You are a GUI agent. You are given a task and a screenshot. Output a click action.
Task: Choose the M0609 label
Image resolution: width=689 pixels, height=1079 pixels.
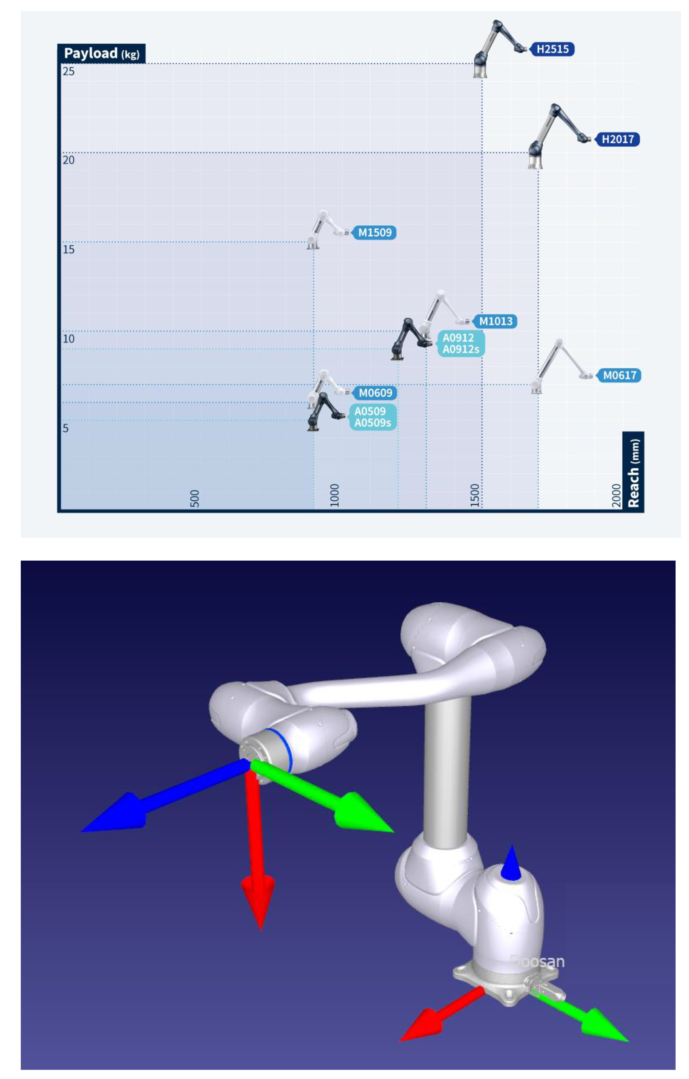click(x=375, y=393)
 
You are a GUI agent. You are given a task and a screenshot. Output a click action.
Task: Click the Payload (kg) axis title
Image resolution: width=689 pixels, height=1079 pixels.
click(x=101, y=53)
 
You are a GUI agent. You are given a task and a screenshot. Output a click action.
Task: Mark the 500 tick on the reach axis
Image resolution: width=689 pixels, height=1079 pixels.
click(x=194, y=498)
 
